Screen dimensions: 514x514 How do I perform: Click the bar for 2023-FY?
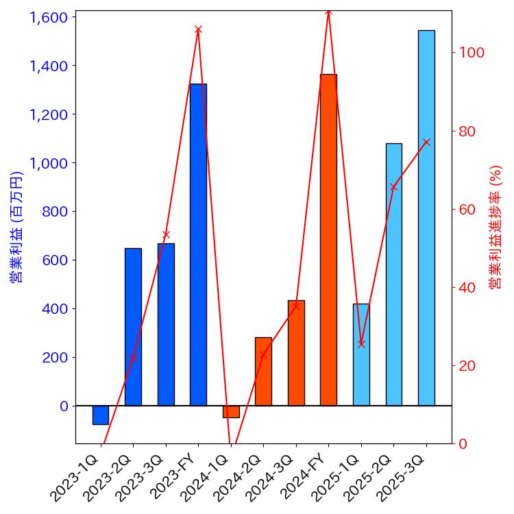point(198,245)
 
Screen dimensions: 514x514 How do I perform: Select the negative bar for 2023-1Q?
point(101,415)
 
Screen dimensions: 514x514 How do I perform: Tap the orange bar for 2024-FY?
point(328,240)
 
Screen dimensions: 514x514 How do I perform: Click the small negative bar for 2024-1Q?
point(231,411)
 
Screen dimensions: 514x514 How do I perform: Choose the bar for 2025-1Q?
point(361,354)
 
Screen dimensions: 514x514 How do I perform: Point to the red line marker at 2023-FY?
point(198,29)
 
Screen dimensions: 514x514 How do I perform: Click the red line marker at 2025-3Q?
point(426,142)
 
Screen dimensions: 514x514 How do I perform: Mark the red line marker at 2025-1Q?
point(361,344)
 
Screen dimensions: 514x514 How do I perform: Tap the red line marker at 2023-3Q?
point(166,234)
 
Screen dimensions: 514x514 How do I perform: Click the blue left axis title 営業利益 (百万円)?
point(16,226)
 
